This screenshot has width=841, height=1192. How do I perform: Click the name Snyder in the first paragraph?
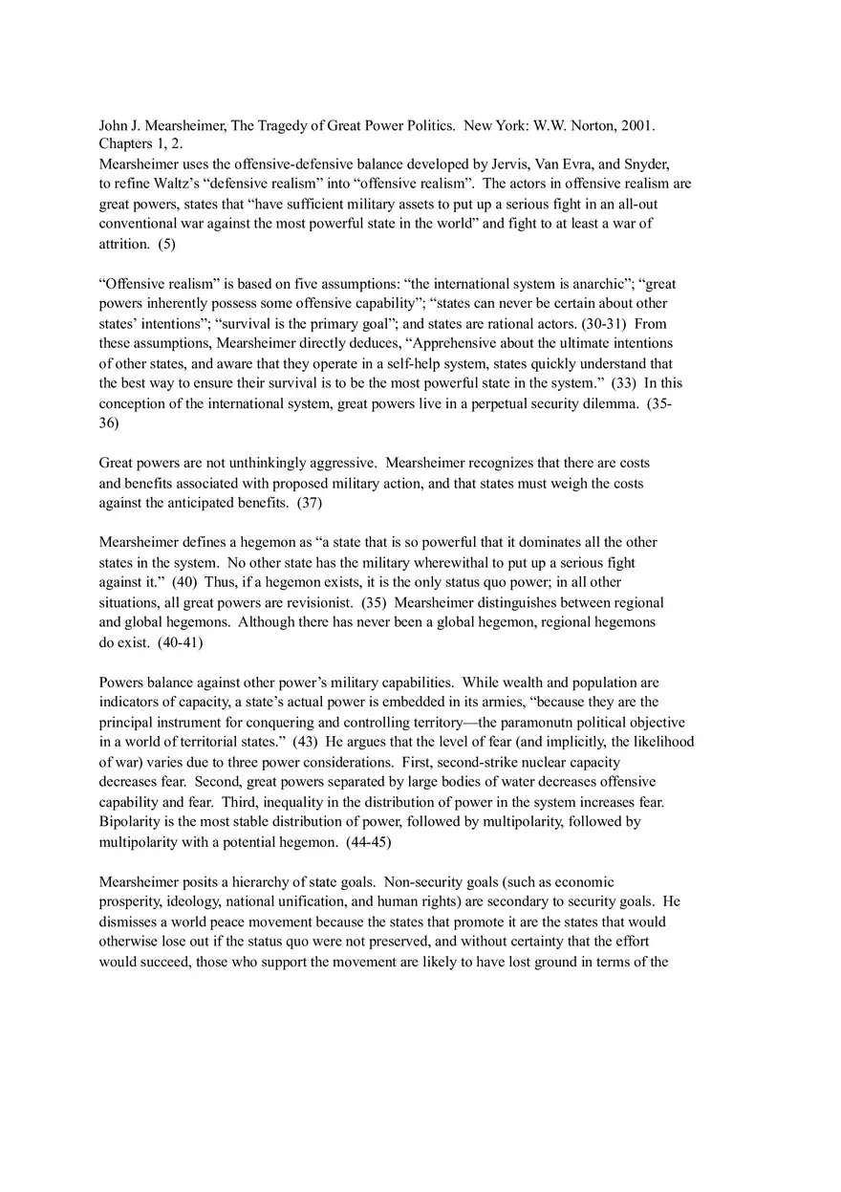(647, 163)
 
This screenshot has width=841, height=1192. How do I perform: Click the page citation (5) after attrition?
(166, 244)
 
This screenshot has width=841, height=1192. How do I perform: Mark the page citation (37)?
(309, 503)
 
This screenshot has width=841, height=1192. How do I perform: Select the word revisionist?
(320, 602)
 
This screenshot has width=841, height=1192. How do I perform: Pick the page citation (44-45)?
(368, 842)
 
